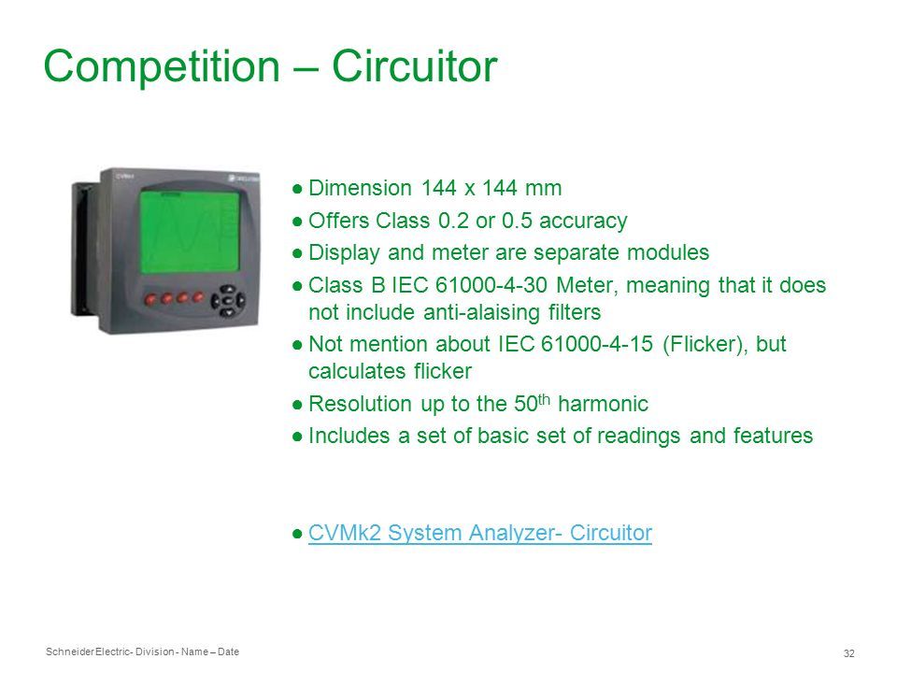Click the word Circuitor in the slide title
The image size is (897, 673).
[x=414, y=66]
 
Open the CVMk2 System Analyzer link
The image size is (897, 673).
[x=480, y=533]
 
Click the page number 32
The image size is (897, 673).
[x=849, y=653]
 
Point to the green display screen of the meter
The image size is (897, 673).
[x=190, y=232]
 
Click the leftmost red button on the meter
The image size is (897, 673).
[x=151, y=299]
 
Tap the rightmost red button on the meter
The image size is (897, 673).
[x=198, y=296]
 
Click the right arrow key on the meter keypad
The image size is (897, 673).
[x=241, y=299]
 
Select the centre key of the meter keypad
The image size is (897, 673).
[x=227, y=300]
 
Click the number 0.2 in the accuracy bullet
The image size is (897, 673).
[x=454, y=221]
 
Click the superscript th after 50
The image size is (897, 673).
[x=544, y=398]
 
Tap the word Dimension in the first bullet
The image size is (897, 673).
[x=360, y=188]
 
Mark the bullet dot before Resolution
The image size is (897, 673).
[x=297, y=405]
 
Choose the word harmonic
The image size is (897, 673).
[x=603, y=404]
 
